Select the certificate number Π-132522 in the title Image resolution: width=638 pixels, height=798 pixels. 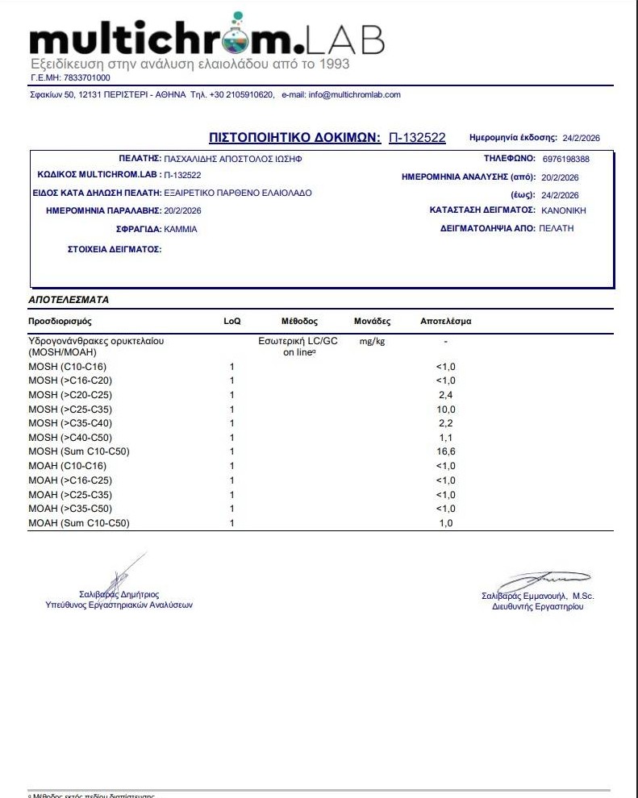[417, 138]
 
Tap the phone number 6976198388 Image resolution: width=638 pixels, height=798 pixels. [566, 159]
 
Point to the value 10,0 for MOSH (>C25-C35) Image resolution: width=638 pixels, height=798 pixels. [446, 409]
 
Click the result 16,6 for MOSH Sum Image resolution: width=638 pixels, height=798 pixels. [446, 451]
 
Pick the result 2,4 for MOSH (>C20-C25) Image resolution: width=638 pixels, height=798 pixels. [446, 395]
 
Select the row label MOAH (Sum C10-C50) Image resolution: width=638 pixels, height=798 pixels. [79, 523]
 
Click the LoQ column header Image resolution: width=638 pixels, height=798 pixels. [231, 322]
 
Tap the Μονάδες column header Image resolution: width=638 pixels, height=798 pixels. [372, 322]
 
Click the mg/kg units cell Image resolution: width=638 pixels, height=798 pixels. [371, 342]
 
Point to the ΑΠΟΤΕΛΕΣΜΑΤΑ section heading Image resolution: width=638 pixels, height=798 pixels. [69, 299]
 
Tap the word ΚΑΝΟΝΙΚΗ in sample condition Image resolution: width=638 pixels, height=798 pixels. [563, 210]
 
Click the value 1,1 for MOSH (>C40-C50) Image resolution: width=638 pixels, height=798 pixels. [446, 437]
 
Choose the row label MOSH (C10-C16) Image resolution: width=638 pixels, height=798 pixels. [67, 367]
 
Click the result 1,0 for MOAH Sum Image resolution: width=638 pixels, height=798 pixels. [446, 523]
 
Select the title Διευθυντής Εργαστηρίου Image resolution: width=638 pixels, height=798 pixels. [537, 606]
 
